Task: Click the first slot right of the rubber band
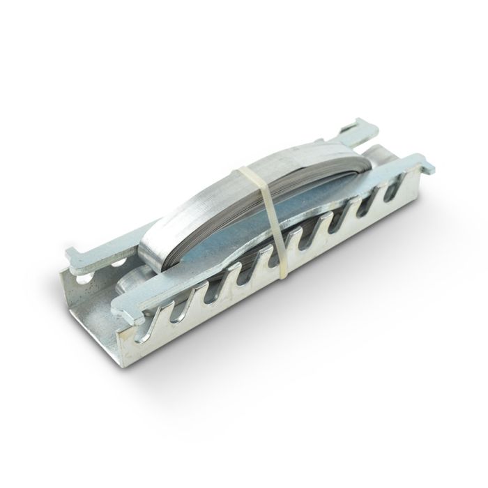(298, 243)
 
